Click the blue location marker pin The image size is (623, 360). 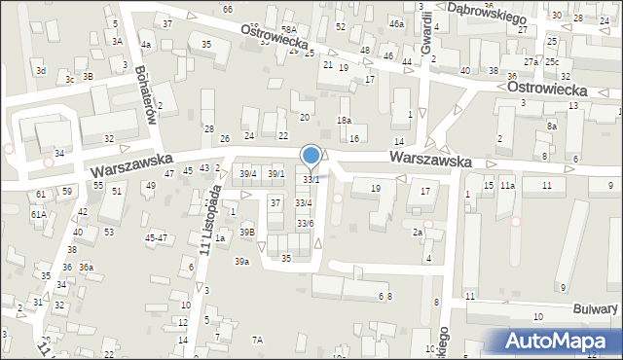311,155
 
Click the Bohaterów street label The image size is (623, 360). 148,70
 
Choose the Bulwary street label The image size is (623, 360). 595,308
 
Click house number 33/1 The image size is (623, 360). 311,180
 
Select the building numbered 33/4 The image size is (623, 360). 305,202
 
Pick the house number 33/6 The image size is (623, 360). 305,224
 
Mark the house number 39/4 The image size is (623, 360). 248,174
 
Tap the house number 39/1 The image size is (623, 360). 276,174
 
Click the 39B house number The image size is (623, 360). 248,232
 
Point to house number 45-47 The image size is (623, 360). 156,237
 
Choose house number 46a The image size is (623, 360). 396,23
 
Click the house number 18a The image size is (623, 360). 344,120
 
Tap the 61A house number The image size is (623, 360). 38,214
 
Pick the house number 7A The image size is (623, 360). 258,340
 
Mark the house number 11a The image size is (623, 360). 507,185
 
